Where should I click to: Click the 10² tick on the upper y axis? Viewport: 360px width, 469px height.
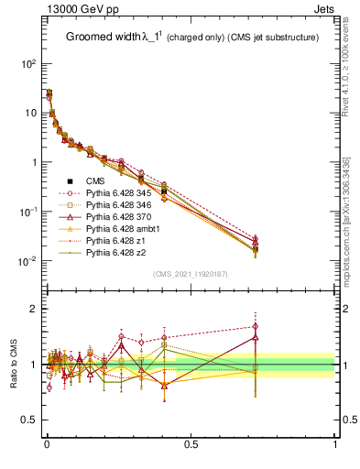(28, 64)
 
